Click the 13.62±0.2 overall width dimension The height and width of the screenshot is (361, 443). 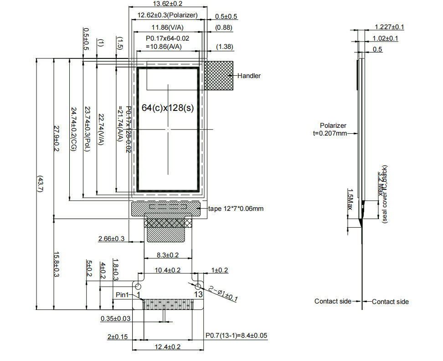tap(167, 4)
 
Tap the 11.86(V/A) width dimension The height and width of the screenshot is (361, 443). tap(167, 27)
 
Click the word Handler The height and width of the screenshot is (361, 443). tap(249, 76)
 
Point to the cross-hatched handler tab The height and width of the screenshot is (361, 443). tap(218, 76)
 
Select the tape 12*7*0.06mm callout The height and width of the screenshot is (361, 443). tap(236, 209)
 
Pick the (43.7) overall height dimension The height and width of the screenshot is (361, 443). tap(40, 184)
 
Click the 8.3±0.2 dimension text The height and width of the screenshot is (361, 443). tap(168, 255)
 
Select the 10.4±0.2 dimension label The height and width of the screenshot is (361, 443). tap(168, 270)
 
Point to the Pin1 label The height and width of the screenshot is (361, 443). tap(123, 295)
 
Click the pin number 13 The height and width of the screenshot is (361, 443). tap(198, 295)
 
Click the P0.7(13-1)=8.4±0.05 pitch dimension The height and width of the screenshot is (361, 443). tap(236, 336)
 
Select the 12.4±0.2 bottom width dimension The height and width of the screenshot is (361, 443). tap(168, 347)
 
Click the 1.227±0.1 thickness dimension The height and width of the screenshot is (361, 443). tap(389, 27)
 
